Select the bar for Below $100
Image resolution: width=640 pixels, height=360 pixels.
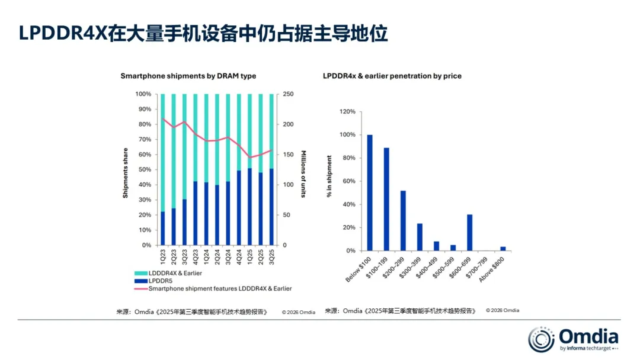370,193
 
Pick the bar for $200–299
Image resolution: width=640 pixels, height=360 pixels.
403,221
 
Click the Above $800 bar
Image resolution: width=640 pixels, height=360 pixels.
503,249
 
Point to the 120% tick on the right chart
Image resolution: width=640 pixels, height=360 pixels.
347,112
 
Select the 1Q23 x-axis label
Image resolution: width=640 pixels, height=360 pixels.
163,256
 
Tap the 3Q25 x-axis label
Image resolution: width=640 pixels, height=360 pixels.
271,256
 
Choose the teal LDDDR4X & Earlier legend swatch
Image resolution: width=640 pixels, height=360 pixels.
140,273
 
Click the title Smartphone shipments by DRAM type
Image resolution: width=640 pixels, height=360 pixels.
188,76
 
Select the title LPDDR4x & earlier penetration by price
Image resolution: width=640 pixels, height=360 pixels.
392,76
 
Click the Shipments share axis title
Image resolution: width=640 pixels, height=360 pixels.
126,169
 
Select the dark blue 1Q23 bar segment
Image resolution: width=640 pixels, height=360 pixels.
163,229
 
